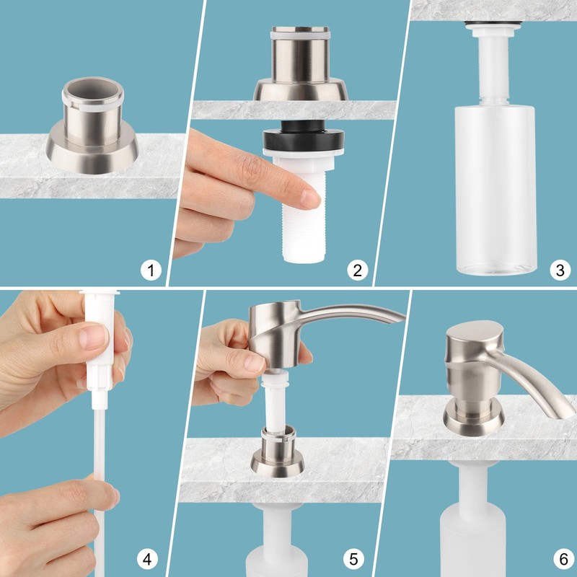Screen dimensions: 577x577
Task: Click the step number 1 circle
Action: pos(151,270)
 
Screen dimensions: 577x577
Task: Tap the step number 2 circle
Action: pos(357,270)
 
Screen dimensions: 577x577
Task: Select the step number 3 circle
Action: pos(560,270)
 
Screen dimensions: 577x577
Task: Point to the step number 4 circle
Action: pos(147,559)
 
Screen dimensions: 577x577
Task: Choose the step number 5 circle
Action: pos(353,559)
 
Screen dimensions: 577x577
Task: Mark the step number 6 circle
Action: pos(564,559)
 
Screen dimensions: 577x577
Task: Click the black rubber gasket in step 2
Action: pos(304,137)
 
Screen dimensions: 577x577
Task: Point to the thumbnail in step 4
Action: pos(94,337)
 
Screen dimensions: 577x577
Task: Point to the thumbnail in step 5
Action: pos(255,363)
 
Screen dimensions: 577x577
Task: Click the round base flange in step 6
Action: pos(474,419)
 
